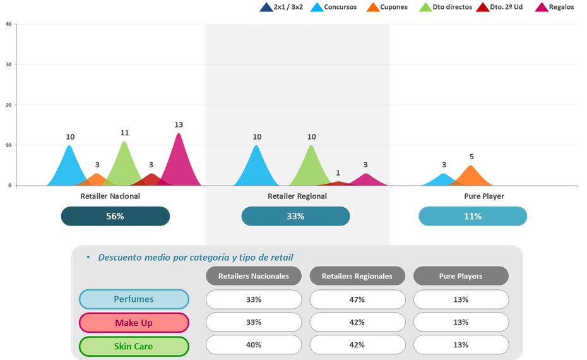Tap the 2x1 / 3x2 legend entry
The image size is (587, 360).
tap(282, 8)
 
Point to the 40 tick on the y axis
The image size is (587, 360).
tap(8, 24)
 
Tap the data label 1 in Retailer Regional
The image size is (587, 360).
tap(338, 173)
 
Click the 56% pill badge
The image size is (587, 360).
tap(116, 216)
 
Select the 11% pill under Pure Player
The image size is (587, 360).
tap(473, 216)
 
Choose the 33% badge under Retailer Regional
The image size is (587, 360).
tap(295, 216)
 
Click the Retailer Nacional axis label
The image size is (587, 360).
tap(110, 196)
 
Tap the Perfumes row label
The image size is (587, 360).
tap(134, 299)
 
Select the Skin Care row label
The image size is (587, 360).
tap(134, 346)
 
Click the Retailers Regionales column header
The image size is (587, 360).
tap(357, 276)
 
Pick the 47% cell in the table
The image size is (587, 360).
tap(357, 299)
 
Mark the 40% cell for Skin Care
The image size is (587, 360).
tap(254, 345)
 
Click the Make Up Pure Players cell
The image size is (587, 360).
tap(461, 322)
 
